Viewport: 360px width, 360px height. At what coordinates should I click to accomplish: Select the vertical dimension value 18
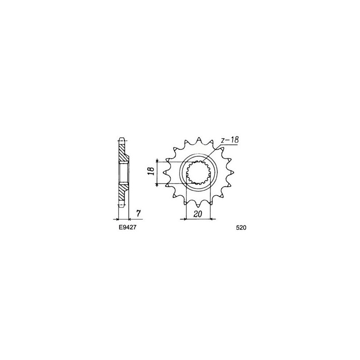pos(152,171)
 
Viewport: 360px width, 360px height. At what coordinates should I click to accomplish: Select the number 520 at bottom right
pos(241,228)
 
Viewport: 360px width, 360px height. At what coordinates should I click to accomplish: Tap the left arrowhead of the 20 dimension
pos(182,220)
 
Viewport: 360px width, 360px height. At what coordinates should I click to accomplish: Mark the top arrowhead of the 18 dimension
pos(157,161)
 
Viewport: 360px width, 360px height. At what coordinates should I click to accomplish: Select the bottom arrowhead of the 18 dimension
pos(157,183)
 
